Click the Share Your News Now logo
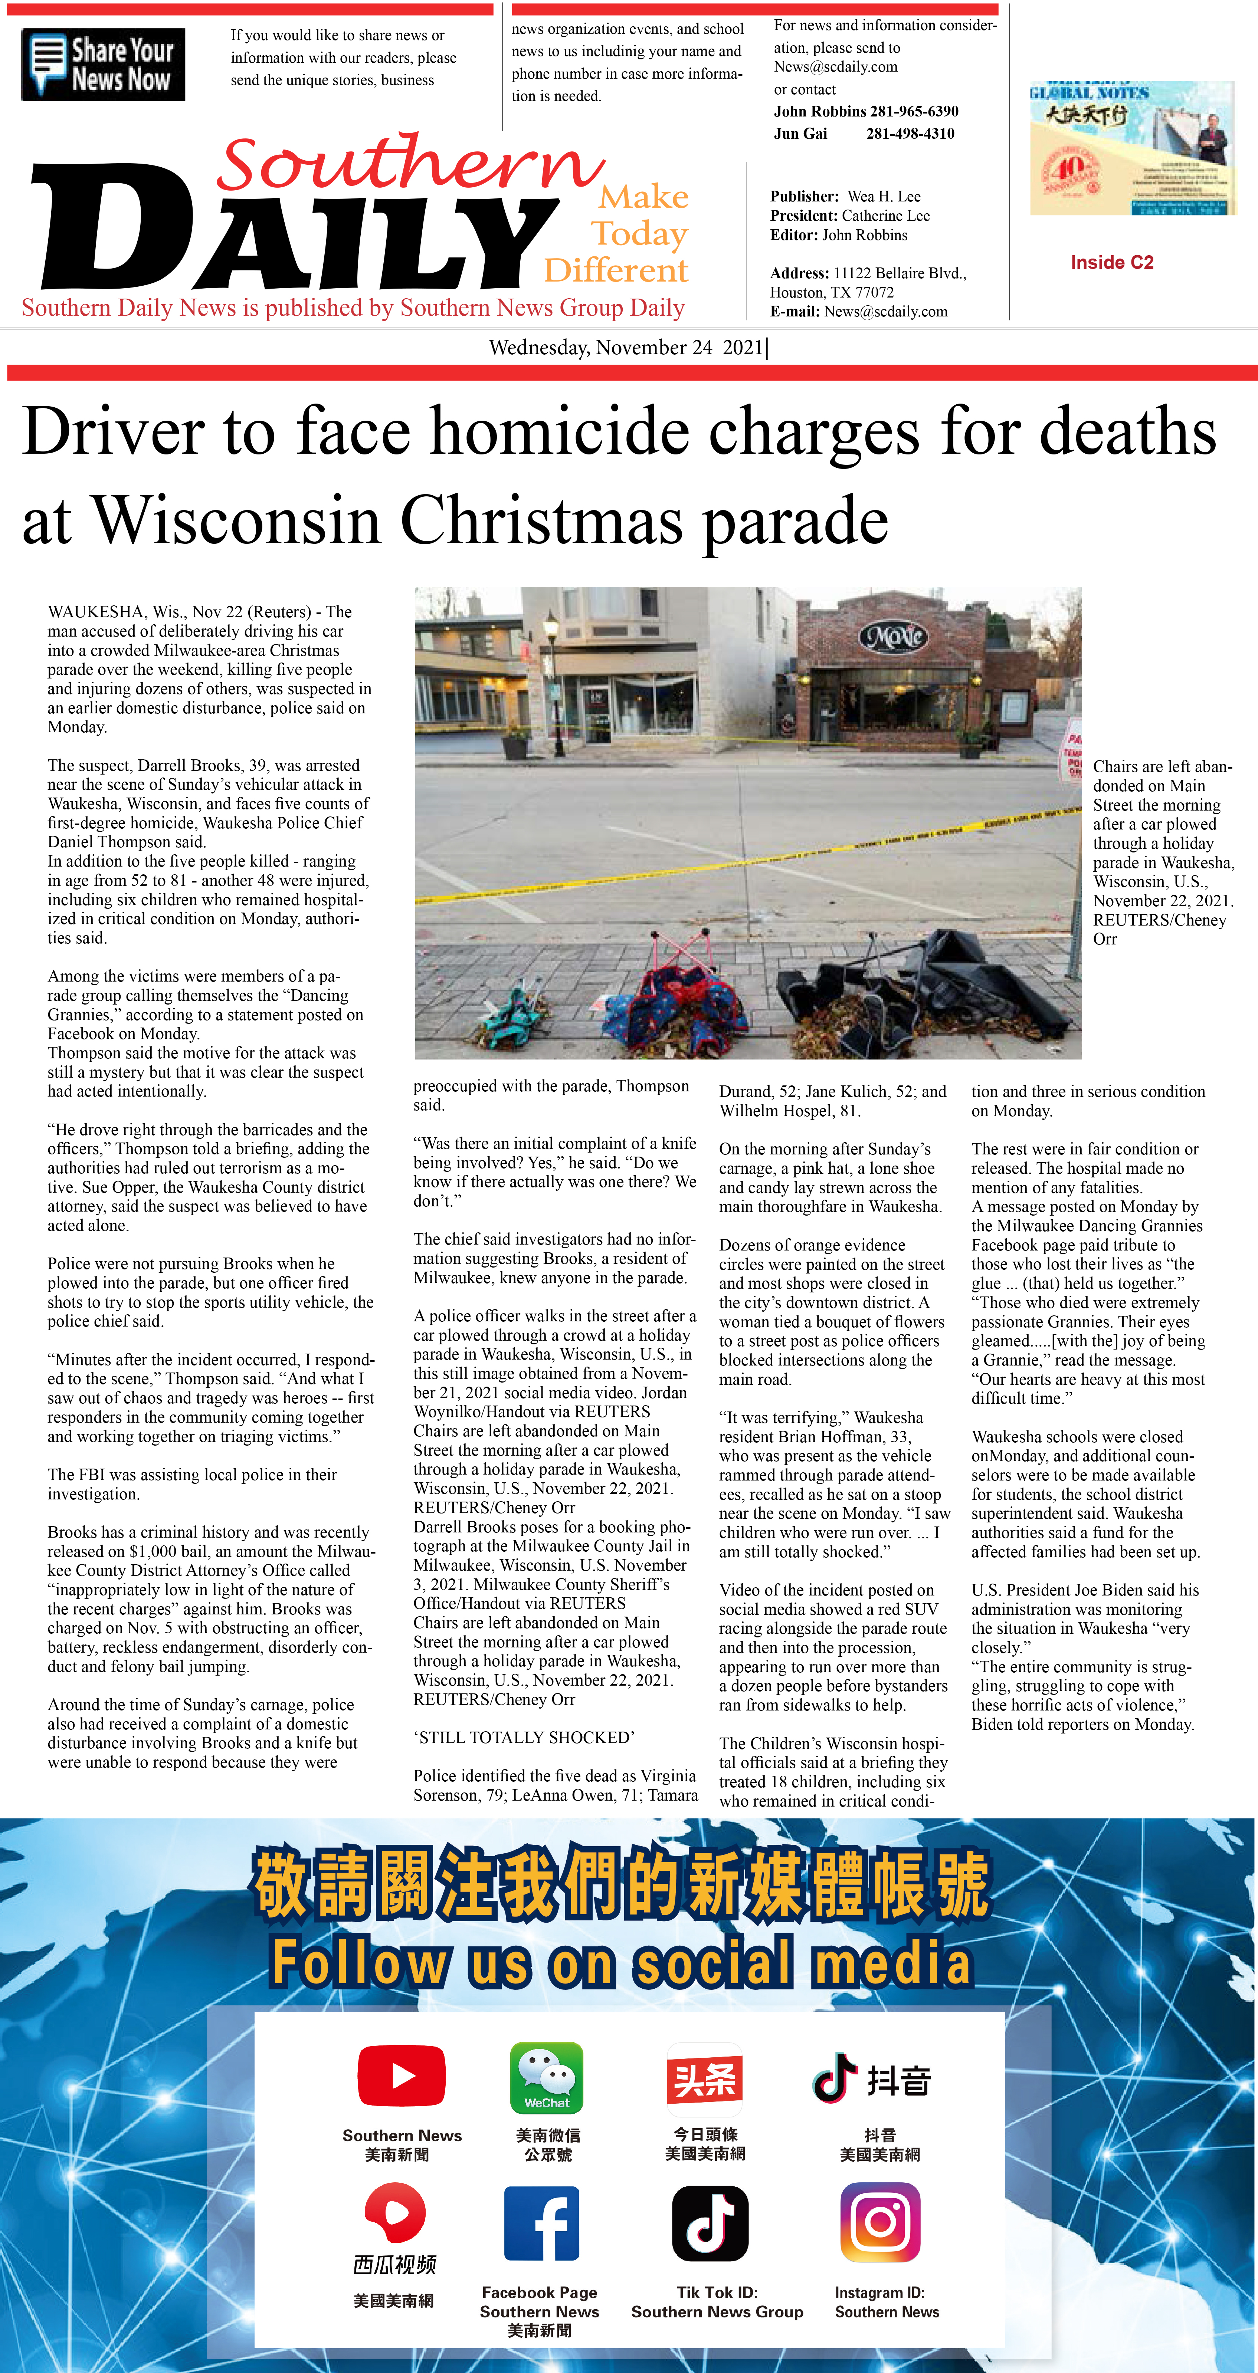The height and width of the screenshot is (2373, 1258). [x=103, y=65]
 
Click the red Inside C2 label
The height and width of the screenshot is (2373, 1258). [x=1111, y=263]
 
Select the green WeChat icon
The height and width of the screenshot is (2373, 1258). [x=547, y=2077]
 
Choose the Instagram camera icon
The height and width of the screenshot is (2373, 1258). [x=880, y=2223]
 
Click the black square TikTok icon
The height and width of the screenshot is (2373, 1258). [x=710, y=2223]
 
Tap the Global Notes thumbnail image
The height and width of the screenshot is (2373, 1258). [x=1132, y=147]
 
